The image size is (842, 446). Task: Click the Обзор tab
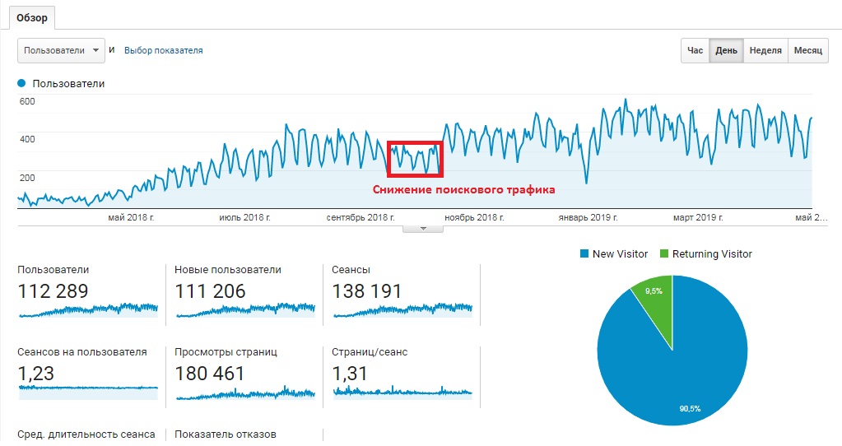pos(31,18)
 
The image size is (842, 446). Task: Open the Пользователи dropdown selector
pos(61,50)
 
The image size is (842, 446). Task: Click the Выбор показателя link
pos(163,50)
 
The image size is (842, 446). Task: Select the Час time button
pos(695,50)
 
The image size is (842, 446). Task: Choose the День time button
pos(726,50)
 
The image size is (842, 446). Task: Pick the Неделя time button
pos(765,50)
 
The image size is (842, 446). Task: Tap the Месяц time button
pos(807,50)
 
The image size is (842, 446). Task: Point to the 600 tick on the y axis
pos(27,101)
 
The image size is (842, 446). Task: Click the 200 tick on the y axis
pos(27,178)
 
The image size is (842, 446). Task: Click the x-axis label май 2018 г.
pos(131,217)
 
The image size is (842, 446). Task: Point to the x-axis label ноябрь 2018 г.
pos(474,217)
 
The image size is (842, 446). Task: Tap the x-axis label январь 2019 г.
pos(588,217)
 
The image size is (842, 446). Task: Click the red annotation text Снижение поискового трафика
pos(464,189)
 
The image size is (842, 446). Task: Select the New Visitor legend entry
pos(614,254)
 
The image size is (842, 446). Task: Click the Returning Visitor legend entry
pos(706,254)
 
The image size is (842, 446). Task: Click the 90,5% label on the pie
pos(690,409)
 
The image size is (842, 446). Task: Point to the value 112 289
pos(53,291)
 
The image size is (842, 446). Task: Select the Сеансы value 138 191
pos(367,291)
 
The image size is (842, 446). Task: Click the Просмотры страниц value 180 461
pos(209,374)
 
